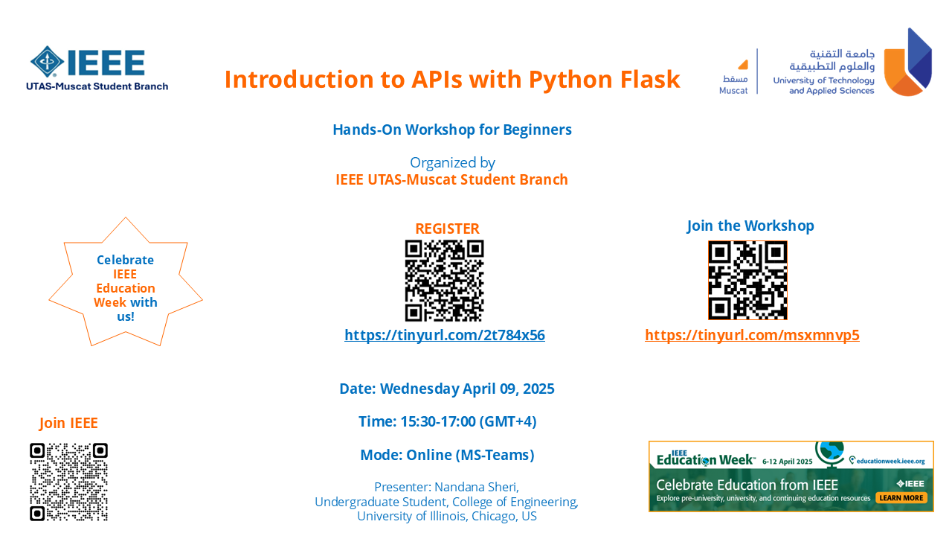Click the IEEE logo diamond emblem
(x=47, y=62)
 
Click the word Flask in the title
(x=650, y=80)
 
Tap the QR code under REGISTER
(x=444, y=281)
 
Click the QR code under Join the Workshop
(x=747, y=281)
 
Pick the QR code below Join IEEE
(x=68, y=482)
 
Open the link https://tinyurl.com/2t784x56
(x=445, y=335)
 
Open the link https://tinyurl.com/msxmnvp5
(x=752, y=335)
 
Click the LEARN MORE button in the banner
(x=901, y=498)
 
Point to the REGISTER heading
(x=447, y=229)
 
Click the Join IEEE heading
(x=68, y=423)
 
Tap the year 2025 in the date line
(x=538, y=389)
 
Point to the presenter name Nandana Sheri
(x=477, y=487)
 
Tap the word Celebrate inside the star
(x=126, y=260)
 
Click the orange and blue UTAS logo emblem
(x=908, y=62)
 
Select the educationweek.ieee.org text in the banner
(x=890, y=461)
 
